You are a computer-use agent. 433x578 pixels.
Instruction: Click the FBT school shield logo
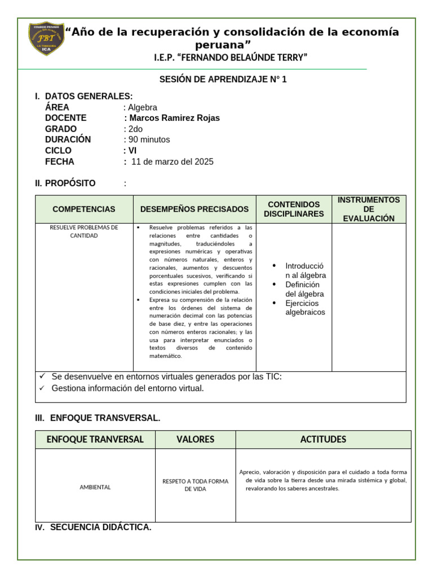46,38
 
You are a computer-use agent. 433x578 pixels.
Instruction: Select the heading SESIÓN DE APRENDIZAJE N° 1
223,80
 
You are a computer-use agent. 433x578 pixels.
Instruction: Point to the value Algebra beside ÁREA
143,107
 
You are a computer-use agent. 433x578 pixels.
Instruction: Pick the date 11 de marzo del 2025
172,161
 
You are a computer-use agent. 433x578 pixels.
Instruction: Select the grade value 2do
136,129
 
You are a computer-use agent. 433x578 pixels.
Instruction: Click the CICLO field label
58,150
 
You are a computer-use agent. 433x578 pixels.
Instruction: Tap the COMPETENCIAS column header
84,209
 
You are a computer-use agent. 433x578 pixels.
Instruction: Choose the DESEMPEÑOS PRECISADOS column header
195,209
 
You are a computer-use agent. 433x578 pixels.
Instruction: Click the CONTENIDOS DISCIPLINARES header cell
294,209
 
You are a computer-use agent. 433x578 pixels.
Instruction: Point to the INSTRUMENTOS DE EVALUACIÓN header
369,209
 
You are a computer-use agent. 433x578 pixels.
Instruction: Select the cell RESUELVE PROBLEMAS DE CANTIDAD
84,231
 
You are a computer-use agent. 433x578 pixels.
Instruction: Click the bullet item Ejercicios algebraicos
305,308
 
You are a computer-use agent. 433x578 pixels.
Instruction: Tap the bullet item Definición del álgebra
304,289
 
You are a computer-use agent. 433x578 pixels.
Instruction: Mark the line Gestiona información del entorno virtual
127,388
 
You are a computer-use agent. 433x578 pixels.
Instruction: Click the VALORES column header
195,439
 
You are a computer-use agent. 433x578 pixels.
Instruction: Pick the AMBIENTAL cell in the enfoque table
95,487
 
